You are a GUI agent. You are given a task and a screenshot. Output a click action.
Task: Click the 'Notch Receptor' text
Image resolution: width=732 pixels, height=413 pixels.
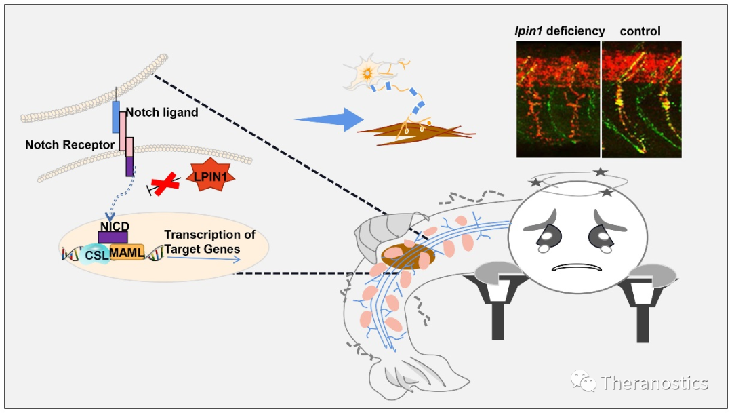[70, 144]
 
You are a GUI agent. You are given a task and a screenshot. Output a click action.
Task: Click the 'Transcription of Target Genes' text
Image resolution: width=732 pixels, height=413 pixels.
[209, 241]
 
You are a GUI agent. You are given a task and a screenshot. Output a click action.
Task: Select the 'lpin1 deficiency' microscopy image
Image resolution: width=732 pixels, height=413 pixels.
[558, 99]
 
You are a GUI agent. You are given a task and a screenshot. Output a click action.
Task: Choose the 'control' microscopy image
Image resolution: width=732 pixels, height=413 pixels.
[641, 99]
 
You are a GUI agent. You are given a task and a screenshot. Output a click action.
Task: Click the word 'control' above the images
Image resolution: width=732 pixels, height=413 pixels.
[640, 31]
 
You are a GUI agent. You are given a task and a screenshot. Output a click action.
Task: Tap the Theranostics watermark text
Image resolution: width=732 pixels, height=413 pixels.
[654, 383]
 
